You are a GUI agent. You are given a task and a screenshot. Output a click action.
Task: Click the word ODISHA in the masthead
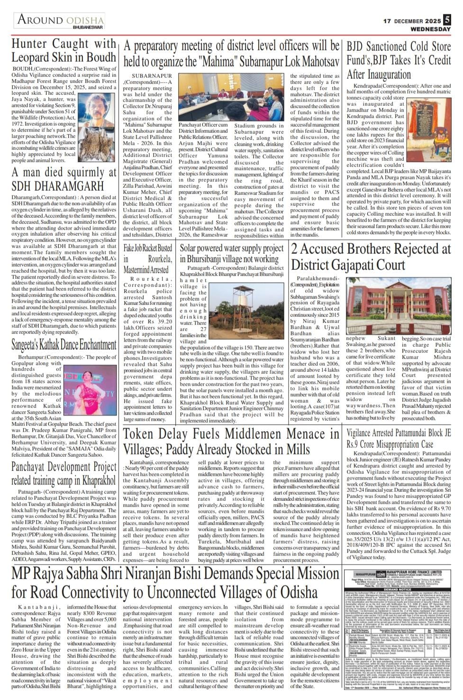pos(85,20)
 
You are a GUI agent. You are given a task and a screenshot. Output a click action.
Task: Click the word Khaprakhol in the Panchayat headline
pos(91,480)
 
